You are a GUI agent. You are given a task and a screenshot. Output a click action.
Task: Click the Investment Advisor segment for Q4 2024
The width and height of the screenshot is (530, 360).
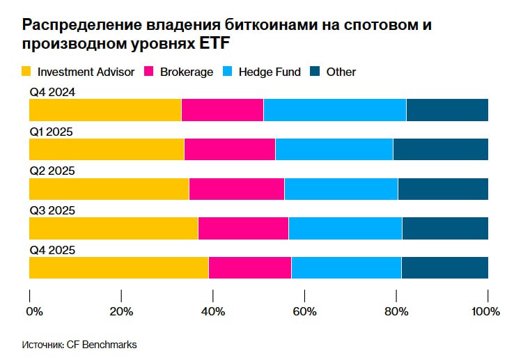click(105, 110)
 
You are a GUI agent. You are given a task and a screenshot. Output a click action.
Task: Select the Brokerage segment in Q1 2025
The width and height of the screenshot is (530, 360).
click(229, 150)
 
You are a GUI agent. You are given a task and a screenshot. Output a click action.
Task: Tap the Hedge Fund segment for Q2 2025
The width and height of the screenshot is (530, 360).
click(341, 189)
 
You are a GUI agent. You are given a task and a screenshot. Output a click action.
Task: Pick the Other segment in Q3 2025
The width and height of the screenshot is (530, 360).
click(445, 229)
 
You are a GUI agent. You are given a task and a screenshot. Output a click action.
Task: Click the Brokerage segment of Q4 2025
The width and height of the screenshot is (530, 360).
click(249, 268)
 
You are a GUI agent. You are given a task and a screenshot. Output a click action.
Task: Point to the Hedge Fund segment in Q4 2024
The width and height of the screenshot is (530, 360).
click(334, 110)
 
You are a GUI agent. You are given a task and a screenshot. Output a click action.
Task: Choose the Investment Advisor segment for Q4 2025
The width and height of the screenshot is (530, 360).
click(118, 268)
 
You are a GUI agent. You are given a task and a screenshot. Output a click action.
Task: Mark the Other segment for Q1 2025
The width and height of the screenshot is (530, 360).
click(440, 150)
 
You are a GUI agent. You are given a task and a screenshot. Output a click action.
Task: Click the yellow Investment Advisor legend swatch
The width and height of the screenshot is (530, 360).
click(27, 71)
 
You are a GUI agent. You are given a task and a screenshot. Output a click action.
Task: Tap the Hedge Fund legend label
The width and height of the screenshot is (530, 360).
click(270, 72)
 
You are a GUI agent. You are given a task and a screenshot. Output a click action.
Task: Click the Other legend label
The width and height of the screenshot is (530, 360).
click(341, 72)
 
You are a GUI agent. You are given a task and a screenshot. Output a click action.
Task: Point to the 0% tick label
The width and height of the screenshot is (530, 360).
click(34, 312)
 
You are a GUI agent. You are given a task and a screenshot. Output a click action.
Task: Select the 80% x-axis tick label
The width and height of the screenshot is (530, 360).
click(396, 312)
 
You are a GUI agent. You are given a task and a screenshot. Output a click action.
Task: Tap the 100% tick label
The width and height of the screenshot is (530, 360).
click(485, 312)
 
